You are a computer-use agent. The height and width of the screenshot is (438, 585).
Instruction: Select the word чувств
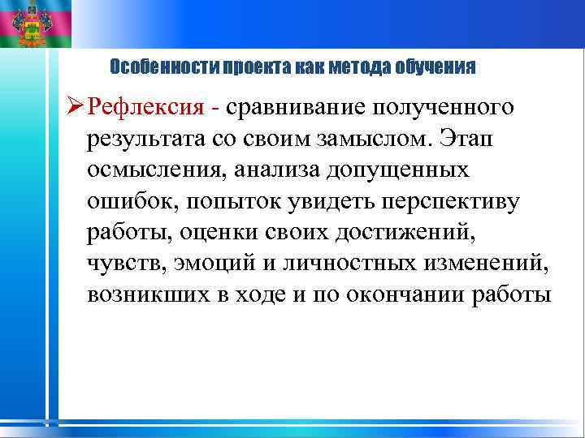(x=119, y=264)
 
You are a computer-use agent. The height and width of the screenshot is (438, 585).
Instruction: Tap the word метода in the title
(x=357, y=66)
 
